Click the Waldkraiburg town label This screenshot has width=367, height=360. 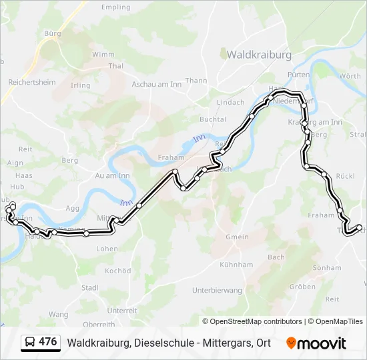260,54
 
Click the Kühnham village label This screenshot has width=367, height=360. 240,265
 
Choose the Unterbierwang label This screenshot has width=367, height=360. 216,291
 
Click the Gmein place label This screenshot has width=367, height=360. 237,237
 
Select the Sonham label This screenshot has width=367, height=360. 327,267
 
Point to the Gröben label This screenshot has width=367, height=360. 303,287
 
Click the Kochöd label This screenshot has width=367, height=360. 118,271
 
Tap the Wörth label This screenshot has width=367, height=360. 350,76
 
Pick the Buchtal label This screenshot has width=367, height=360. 214,119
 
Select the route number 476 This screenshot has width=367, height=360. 48,342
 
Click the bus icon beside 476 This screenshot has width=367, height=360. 30,343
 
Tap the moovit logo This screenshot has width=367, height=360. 316,343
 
